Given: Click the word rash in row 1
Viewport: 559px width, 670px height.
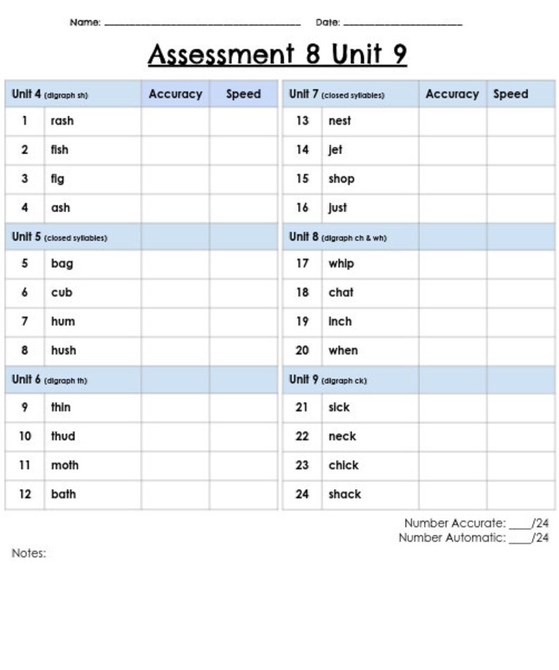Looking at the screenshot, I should click(62, 120).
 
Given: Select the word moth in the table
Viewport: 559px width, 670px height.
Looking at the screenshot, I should click(65, 465).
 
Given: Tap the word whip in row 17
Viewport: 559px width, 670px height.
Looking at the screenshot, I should click(341, 263).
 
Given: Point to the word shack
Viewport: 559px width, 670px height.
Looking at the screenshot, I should click(344, 494).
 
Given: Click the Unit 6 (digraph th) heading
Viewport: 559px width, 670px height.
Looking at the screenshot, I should click(50, 380).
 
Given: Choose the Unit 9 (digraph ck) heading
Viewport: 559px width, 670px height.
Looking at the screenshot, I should click(327, 380).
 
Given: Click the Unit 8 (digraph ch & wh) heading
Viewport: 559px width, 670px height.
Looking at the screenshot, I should click(337, 237).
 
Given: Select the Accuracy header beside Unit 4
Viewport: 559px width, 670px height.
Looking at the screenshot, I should click(175, 94).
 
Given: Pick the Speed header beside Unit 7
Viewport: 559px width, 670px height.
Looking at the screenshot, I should click(510, 94).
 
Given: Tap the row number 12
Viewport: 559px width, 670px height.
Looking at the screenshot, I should click(25, 494).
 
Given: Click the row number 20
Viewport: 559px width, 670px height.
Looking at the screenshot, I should click(302, 350).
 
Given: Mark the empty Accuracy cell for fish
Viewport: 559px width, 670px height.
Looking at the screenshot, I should click(175, 149).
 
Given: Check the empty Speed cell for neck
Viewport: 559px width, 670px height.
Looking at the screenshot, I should click(520, 436).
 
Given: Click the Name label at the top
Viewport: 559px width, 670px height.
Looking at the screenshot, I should click(85, 23).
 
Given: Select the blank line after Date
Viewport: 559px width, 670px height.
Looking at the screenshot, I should click(403, 23).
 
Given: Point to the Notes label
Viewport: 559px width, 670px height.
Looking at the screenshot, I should click(29, 553).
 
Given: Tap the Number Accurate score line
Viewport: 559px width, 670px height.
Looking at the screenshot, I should click(520, 524).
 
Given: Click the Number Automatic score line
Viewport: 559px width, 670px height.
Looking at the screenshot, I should click(520, 539).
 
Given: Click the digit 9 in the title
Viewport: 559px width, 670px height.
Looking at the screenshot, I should click(399, 54).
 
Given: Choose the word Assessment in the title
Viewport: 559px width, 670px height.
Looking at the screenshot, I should click(221, 54).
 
